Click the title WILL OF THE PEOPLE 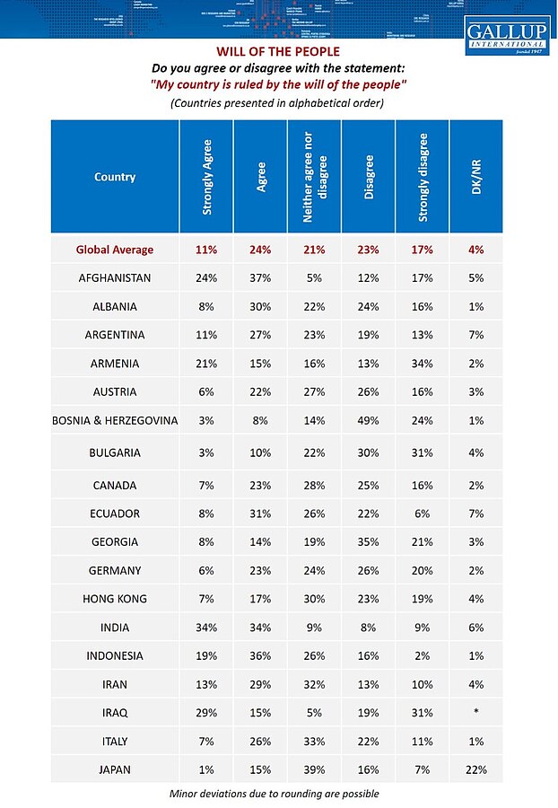277,52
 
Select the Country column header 115,177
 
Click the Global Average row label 115,250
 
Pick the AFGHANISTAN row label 115,278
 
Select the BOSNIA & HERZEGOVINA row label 115,421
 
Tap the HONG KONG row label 115,599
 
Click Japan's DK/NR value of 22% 475,769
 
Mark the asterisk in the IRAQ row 475,713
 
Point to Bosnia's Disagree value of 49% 368,421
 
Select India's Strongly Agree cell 207,628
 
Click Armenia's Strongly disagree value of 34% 422,364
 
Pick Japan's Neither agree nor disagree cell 314,769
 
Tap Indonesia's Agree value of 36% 260,655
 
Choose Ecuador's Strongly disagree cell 422,514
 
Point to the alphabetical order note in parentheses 277,103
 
